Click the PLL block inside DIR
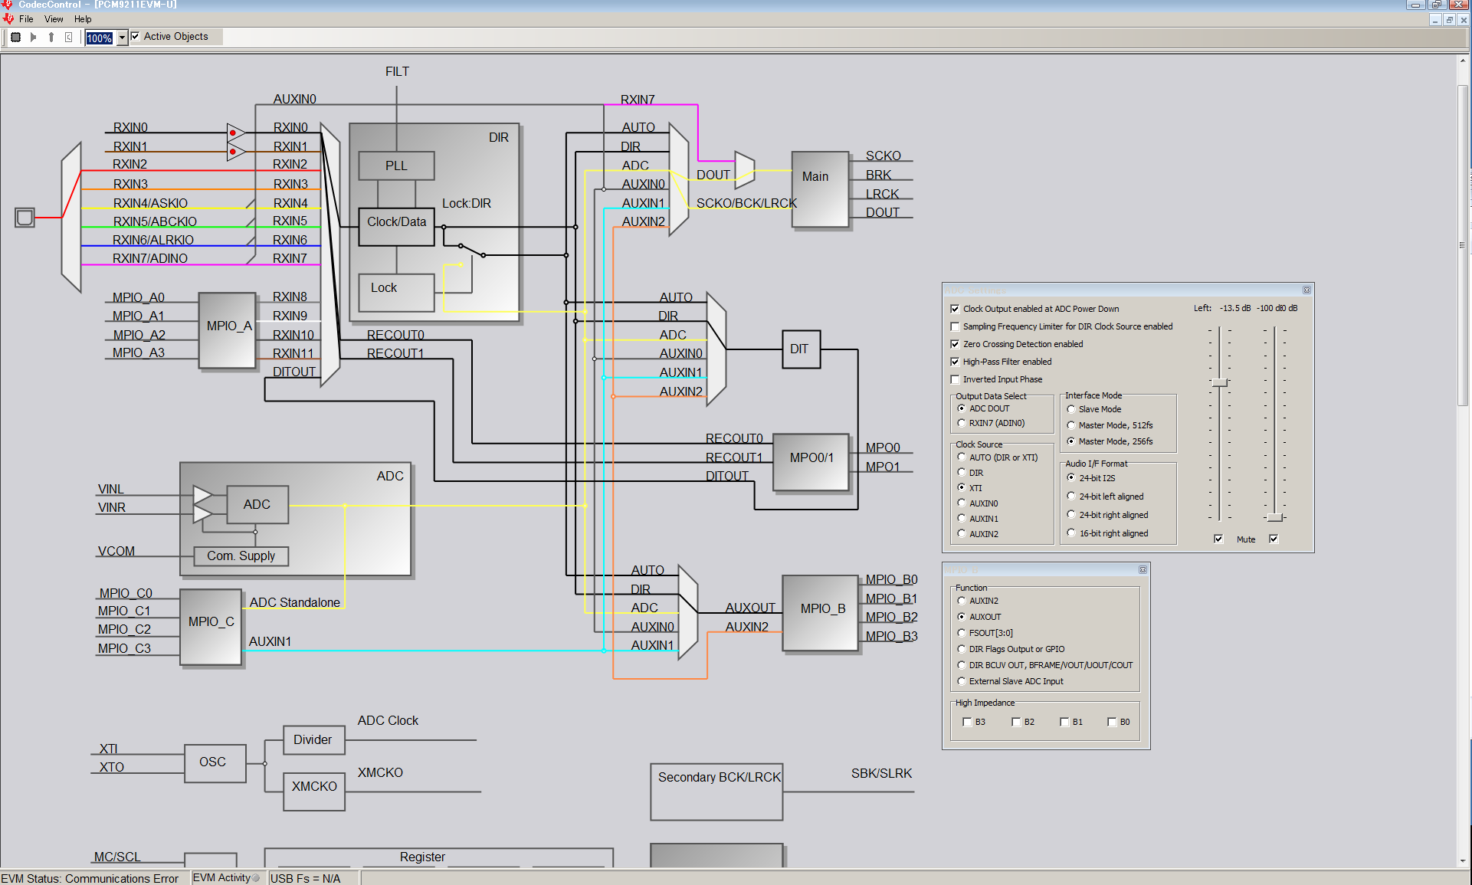(x=396, y=166)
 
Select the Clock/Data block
(x=396, y=222)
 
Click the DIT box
(x=800, y=349)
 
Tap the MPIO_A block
(x=228, y=327)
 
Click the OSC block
(x=214, y=762)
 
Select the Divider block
(x=313, y=740)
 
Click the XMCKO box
(x=313, y=787)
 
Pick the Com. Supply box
(x=241, y=556)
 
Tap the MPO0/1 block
(x=811, y=458)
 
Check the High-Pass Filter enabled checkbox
(x=955, y=362)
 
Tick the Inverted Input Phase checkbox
(x=955, y=379)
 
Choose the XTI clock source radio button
(x=962, y=487)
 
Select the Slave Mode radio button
(x=1071, y=409)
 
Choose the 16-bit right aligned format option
(x=1071, y=533)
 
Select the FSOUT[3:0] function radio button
(x=962, y=633)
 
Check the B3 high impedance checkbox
(x=967, y=722)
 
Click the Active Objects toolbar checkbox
(x=136, y=36)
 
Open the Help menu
(x=83, y=19)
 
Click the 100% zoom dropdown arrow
(x=122, y=38)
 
